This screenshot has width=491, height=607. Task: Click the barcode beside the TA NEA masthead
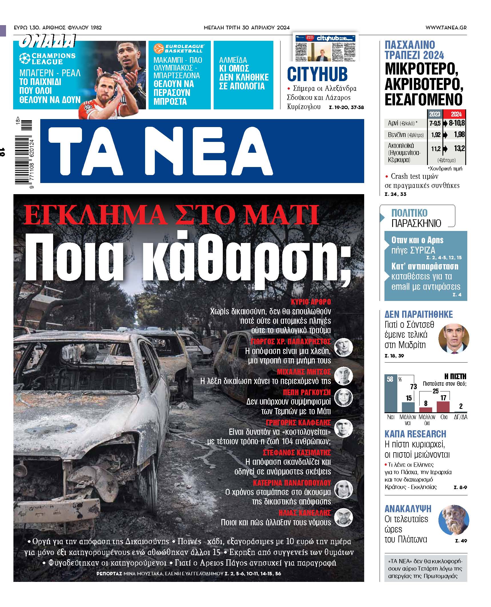coord(24,154)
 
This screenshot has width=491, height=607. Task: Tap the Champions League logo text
coord(53,59)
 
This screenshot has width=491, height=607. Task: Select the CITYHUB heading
coord(317,74)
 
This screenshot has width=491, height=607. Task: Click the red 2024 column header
coord(456,114)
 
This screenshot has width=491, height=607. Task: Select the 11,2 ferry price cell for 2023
coord(436,149)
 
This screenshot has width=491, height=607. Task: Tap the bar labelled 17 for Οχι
coord(443,407)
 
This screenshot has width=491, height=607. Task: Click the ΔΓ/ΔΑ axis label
coord(460,417)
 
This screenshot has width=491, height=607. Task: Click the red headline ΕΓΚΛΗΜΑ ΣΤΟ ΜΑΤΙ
coord(171,216)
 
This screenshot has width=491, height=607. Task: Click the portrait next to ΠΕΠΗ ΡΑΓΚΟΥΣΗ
coord(343,397)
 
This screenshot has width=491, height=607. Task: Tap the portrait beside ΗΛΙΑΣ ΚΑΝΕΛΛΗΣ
coord(343,517)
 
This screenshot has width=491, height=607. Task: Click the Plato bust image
coord(454,520)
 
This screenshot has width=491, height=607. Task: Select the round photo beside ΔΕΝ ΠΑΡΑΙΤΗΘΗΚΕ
coord(454,339)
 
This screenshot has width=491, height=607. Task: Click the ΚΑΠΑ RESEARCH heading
coord(415,434)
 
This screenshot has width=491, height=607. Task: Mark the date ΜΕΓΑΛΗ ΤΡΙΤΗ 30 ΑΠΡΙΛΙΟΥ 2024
coord(246,28)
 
